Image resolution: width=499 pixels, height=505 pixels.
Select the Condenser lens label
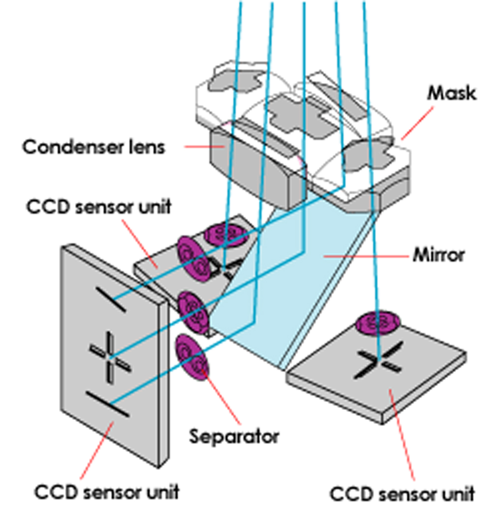(93, 147)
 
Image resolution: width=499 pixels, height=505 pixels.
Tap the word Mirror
(439, 255)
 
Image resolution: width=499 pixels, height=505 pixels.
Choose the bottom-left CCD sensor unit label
(106, 491)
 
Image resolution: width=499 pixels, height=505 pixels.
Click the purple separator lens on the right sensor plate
(378, 323)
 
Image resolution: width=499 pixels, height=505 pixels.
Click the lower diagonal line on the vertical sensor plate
(108, 403)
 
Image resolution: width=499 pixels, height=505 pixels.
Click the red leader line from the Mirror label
(367, 256)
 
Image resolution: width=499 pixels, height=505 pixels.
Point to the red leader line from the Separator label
(220, 399)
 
